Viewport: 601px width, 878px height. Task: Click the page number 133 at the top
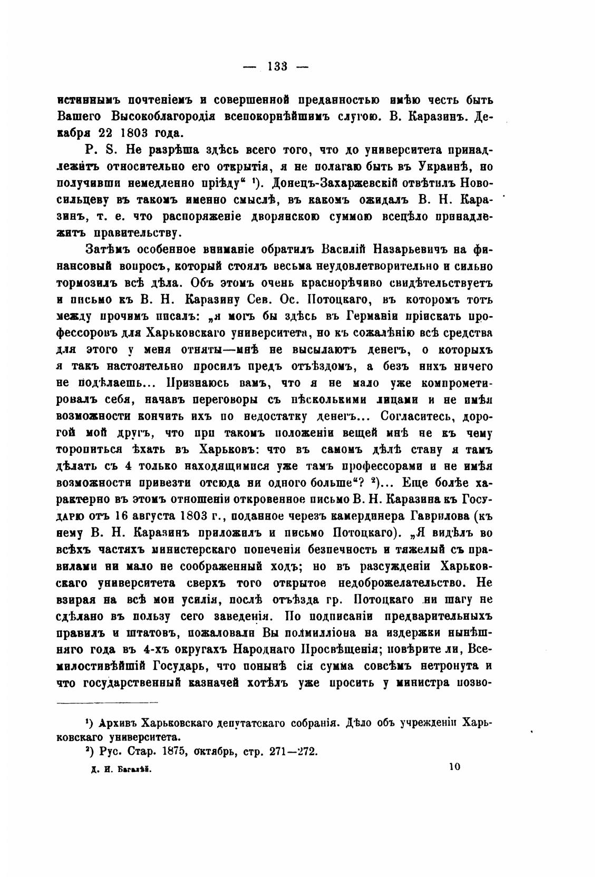coord(277,66)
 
